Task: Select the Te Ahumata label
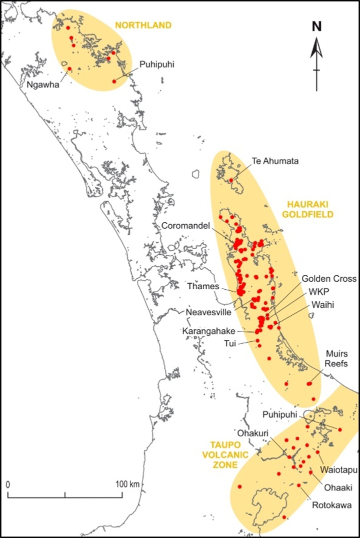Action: (x=275, y=161)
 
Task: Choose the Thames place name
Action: (x=203, y=286)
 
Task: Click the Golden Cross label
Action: (x=329, y=279)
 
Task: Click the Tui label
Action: (x=230, y=343)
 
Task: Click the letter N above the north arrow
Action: (x=316, y=28)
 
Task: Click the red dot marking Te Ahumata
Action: (x=231, y=180)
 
